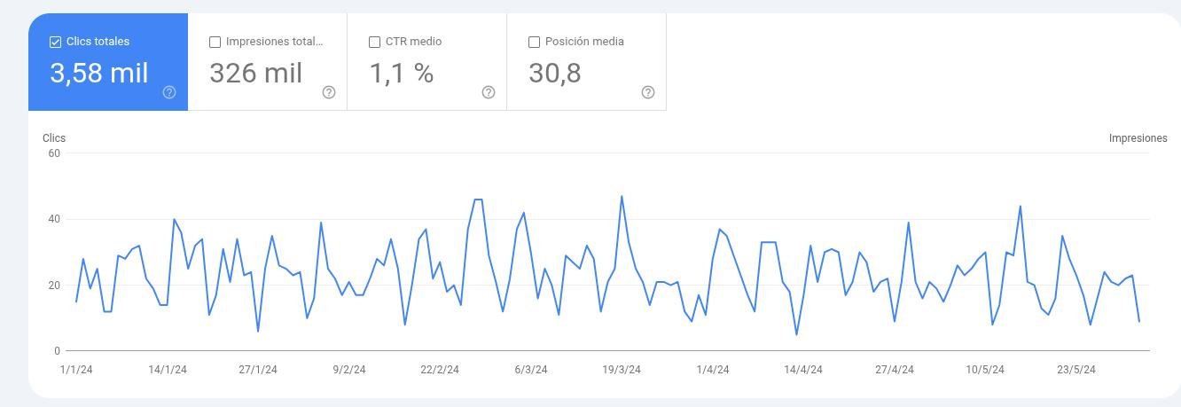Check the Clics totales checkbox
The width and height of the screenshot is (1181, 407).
coord(55,42)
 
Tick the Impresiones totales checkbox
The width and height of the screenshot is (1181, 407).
coord(215,42)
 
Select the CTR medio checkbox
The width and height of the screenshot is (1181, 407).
coord(374,42)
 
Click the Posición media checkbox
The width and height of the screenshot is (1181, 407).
coord(534,42)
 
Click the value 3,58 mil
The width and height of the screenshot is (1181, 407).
coord(99,73)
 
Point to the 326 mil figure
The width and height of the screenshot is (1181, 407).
coord(255,73)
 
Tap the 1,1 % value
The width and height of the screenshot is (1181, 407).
coord(402,73)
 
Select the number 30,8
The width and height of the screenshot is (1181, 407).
coord(555,73)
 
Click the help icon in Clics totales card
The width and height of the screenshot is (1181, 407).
coord(169,92)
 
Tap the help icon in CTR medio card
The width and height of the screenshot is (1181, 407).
coord(489,92)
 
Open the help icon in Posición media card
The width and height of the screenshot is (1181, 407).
coord(648,92)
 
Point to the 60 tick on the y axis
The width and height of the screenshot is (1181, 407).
coord(54,153)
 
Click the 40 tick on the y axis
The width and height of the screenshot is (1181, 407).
coord(54,219)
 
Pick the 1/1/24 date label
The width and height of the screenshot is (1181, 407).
coord(76,370)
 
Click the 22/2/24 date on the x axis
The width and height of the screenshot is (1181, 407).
coord(440,370)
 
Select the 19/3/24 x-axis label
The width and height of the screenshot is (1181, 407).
coord(622,370)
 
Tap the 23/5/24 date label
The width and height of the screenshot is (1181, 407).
coord(1076,370)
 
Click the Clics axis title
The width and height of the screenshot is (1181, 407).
coord(54,138)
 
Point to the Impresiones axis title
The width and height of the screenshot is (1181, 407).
coord(1138,138)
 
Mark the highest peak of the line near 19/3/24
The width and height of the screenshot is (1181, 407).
coord(622,196)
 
